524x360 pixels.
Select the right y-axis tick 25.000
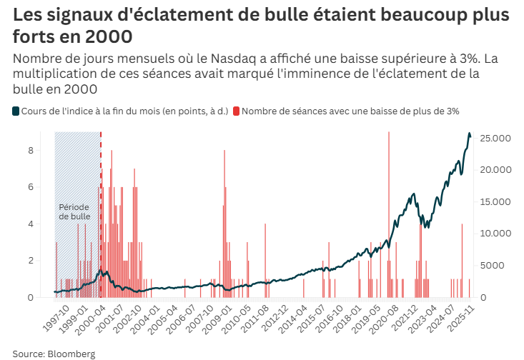click(495, 138)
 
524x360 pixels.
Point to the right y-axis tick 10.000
click(495, 234)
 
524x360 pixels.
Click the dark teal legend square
click(16, 111)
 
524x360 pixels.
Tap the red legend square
click(237, 111)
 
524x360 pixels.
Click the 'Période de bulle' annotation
click(74, 211)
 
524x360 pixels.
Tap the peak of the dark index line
click(470, 134)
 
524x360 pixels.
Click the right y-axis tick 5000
click(492, 266)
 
